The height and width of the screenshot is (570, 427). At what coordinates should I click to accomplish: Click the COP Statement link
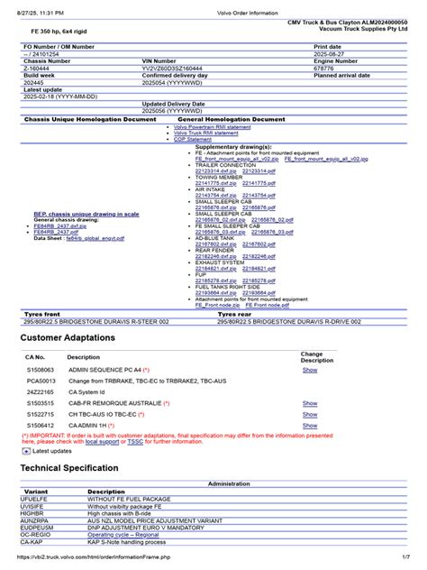point(192,140)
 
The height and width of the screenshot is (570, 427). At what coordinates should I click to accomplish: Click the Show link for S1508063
point(309,370)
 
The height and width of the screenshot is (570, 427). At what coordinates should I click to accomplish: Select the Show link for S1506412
point(309,423)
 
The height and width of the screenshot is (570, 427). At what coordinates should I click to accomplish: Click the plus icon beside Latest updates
point(25,451)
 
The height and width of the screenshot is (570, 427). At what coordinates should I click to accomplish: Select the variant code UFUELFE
point(35,499)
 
